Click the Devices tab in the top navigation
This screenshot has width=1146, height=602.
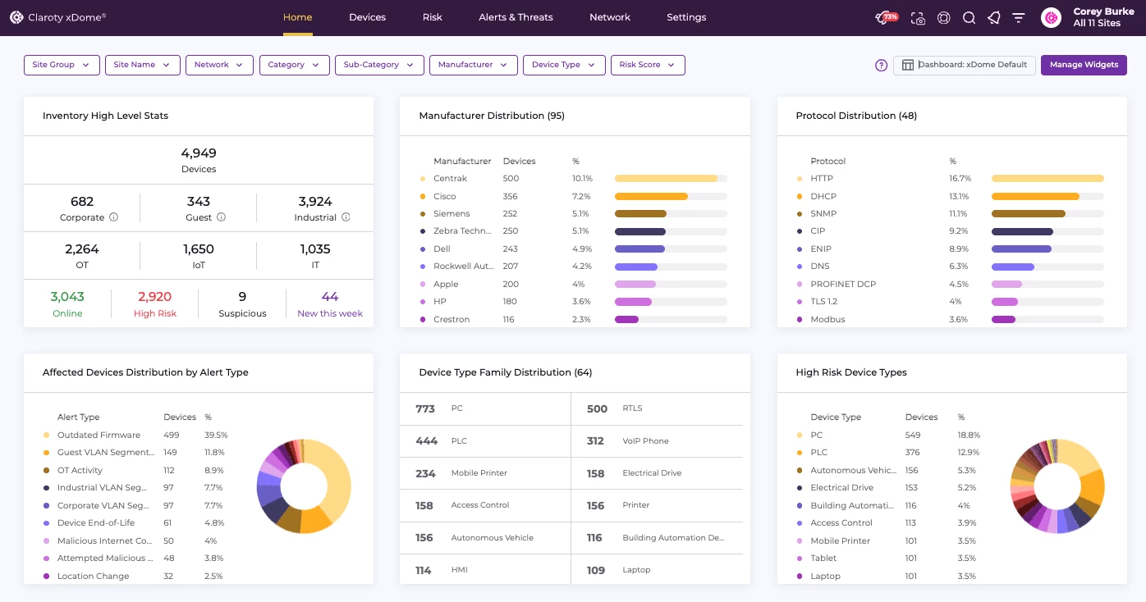pos(367,17)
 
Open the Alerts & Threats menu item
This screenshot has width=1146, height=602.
pos(516,17)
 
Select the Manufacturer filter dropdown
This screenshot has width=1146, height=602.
pos(473,65)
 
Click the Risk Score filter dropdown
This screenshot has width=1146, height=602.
pos(647,65)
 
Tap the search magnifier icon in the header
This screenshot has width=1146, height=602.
pos(969,18)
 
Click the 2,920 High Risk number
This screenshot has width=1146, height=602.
pos(155,297)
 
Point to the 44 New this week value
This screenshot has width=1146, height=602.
pos(330,297)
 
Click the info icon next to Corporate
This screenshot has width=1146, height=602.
pos(114,217)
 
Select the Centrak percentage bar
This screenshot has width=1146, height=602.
pos(670,179)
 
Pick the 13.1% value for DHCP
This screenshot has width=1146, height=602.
pos(959,197)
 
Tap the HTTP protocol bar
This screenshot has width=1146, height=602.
pos(1047,179)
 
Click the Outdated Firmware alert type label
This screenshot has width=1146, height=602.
pos(99,436)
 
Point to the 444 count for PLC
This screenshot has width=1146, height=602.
pos(427,441)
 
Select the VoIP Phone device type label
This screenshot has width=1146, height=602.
pos(645,441)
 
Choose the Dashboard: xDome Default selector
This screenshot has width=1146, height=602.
pos(965,65)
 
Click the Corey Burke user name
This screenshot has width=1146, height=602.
pos(1103,12)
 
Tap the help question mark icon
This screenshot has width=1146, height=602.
pos(882,66)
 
